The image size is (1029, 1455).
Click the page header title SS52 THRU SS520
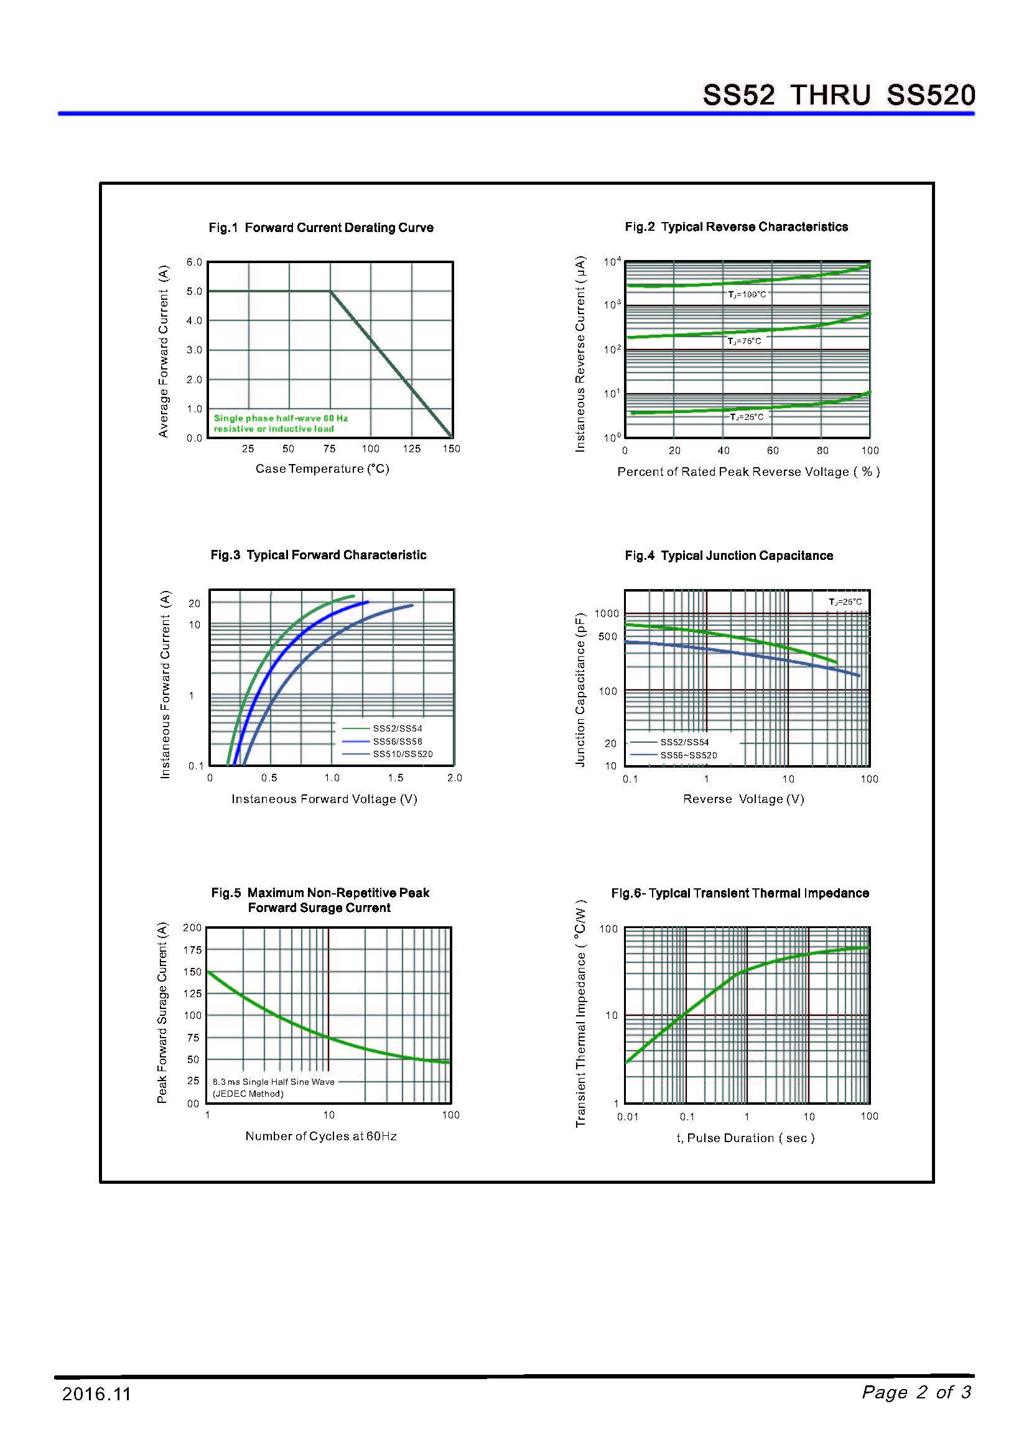(838, 95)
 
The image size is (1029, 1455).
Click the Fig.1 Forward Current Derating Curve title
(320, 228)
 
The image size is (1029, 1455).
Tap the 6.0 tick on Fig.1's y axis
(194, 262)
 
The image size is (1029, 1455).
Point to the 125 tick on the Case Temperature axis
(411, 449)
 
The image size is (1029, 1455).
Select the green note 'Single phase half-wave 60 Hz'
(281, 418)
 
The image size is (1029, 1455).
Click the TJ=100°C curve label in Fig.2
(747, 295)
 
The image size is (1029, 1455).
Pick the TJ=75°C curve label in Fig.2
(745, 342)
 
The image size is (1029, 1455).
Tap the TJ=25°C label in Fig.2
(747, 417)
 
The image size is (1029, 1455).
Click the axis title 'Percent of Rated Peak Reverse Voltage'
(748, 472)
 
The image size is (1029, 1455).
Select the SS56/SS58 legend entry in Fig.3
(398, 741)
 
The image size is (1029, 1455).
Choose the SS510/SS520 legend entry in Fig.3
(403, 754)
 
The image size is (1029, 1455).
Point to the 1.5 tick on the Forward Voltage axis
(396, 778)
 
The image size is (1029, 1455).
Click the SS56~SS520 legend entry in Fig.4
(688, 755)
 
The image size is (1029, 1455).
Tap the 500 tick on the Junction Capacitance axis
(607, 637)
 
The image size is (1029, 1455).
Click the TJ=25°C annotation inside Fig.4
(845, 602)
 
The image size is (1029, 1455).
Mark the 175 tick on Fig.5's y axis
(192, 950)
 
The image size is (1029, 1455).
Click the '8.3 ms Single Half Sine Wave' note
(273, 1082)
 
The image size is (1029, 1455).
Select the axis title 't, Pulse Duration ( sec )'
(745, 1138)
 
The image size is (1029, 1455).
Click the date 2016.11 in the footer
(96, 1393)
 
